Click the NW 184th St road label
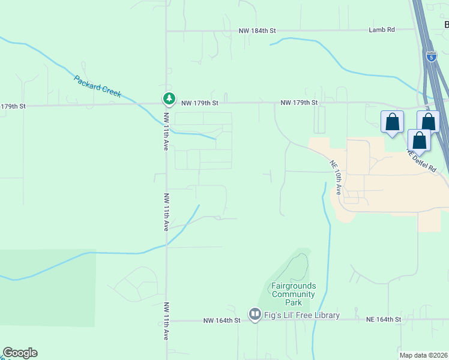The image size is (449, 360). (x=257, y=30)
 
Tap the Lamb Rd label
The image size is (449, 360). (x=382, y=30)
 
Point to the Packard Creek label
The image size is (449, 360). (x=98, y=86)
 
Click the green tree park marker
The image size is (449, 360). (x=169, y=99)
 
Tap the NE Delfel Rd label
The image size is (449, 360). (x=421, y=162)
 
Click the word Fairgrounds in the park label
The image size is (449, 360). (x=293, y=286)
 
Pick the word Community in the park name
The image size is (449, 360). (x=293, y=294)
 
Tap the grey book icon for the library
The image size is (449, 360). (x=255, y=314)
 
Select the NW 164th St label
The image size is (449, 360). (x=221, y=320)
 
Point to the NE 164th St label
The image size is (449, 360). (x=383, y=320)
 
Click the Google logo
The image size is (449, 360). (x=20, y=353)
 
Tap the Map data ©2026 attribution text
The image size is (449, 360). (x=423, y=355)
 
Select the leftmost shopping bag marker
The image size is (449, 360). (x=391, y=122)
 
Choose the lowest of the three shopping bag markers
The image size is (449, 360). (x=419, y=140)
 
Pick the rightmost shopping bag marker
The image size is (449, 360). (x=428, y=121)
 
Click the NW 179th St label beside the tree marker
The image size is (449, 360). (x=199, y=103)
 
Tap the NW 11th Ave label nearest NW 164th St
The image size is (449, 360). (x=166, y=320)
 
